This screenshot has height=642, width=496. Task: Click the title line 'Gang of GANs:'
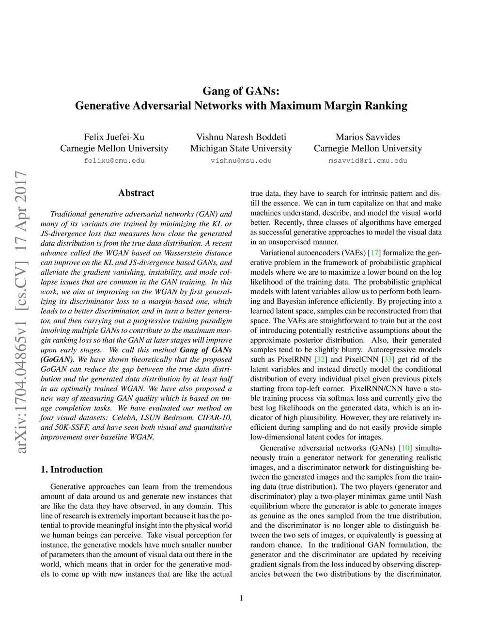pos(241,91)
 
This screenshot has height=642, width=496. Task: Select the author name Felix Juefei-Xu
pos(114,137)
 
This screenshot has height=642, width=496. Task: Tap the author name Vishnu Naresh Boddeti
pos(241,137)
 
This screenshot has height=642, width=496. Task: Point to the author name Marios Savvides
pos(368,137)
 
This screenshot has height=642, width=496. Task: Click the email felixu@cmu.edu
pos(114,160)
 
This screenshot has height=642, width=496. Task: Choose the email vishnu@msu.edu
pos(241,160)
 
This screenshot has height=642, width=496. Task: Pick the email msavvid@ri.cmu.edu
pos(368,160)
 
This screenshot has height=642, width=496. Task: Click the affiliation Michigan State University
pos(241,148)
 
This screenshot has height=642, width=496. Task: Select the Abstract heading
pos(136,193)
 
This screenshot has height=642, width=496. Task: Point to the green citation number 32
pos(320,359)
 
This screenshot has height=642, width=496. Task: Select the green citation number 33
pos(388,359)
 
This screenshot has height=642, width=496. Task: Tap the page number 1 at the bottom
pos(241,598)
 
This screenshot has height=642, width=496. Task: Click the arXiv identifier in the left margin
pos(21,312)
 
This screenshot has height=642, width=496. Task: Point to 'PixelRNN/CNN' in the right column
pos(371,388)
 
